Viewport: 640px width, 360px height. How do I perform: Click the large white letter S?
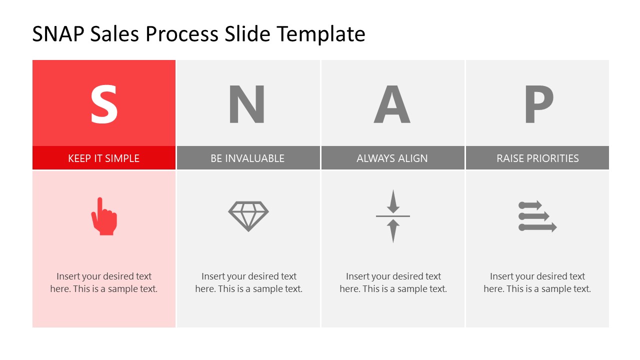pyautogui.click(x=104, y=105)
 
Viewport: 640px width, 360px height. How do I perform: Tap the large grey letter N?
pyautogui.click(x=247, y=105)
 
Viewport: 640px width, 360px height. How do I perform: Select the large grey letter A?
pyautogui.click(x=392, y=105)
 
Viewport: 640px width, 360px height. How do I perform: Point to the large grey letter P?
pyautogui.click(x=538, y=105)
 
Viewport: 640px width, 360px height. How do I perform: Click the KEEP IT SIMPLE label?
pyautogui.click(x=104, y=158)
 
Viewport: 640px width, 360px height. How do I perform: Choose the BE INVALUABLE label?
pyautogui.click(x=247, y=158)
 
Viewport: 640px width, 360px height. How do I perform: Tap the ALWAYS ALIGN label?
pyautogui.click(x=392, y=158)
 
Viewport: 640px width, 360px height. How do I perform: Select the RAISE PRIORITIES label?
pyautogui.click(x=537, y=158)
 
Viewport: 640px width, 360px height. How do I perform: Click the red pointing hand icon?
pyautogui.click(x=104, y=216)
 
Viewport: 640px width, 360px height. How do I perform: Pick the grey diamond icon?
pyautogui.click(x=248, y=216)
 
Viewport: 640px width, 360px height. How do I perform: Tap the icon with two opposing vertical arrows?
pyautogui.click(x=393, y=216)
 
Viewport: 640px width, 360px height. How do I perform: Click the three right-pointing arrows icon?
pyautogui.click(x=537, y=216)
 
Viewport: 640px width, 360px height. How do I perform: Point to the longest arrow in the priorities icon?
pyautogui.click(x=538, y=227)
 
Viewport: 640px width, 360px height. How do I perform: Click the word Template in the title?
pyautogui.click(x=321, y=34)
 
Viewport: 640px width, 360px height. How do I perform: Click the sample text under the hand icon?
pyautogui.click(x=104, y=282)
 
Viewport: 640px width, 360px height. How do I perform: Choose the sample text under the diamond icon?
pyautogui.click(x=249, y=282)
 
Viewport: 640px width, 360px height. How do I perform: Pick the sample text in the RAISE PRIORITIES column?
pyautogui.click(x=537, y=282)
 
